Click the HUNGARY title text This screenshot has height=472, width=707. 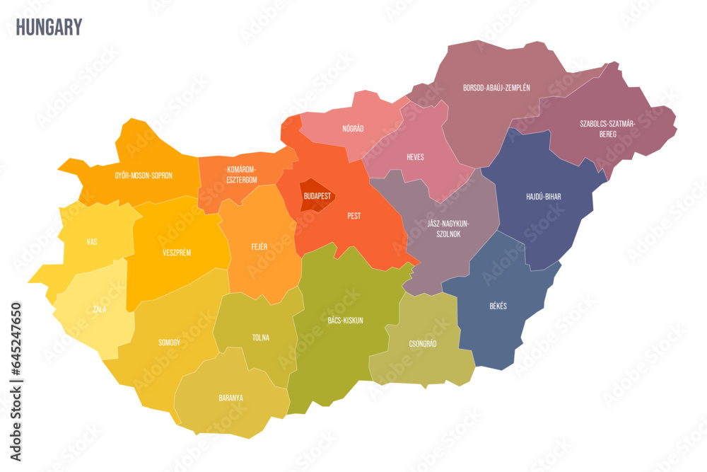(x=49, y=28)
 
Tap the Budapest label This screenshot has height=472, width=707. (x=317, y=195)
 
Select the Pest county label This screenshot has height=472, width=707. (x=354, y=216)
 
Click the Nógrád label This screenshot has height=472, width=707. (x=353, y=129)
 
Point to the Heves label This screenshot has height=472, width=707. (x=415, y=157)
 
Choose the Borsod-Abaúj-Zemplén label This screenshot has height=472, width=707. (x=496, y=88)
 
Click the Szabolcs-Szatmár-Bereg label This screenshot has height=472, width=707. (x=608, y=128)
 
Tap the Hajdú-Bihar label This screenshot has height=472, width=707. (x=544, y=197)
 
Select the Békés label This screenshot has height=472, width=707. (x=498, y=306)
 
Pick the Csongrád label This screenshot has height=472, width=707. (x=423, y=344)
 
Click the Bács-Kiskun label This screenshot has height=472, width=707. (x=345, y=321)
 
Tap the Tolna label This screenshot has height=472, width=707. (x=260, y=338)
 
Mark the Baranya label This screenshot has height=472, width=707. (x=230, y=398)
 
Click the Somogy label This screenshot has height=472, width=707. (x=169, y=343)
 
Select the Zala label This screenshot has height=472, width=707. (x=99, y=309)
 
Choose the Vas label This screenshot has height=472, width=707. (x=92, y=242)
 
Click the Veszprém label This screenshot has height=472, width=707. (x=177, y=253)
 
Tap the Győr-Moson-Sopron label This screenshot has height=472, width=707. (x=144, y=175)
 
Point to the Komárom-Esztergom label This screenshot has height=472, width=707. (x=241, y=174)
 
